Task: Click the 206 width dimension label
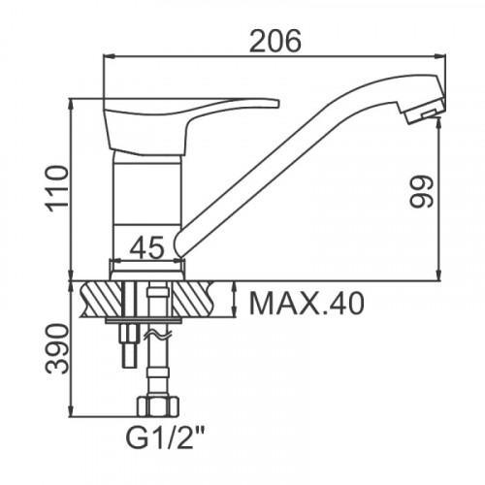tap(275, 41)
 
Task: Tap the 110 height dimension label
tap(58, 188)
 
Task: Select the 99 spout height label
tap(421, 191)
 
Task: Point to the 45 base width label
tap(147, 247)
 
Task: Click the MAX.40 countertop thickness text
tap(307, 304)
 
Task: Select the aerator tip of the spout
tap(425, 112)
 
